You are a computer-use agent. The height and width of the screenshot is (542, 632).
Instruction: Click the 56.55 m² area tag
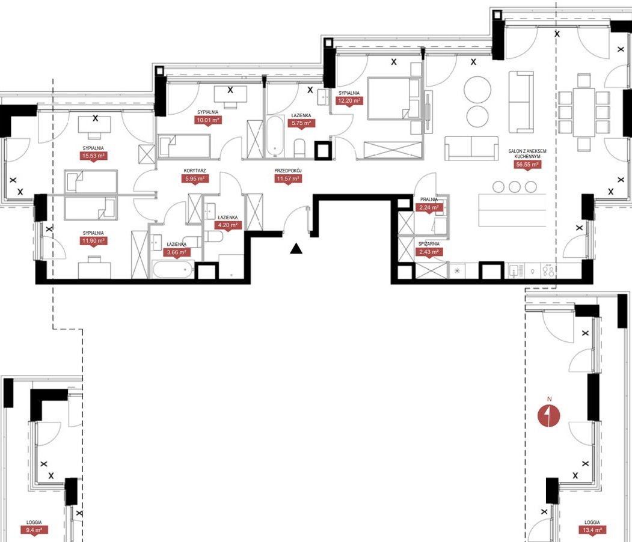pyautogui.click(x=527, y=164)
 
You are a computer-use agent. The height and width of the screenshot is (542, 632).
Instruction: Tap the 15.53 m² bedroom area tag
pyautogui.click(x=94, y=156)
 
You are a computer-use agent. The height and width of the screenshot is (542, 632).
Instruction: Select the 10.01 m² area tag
pyautogui.click(x=208, y=120)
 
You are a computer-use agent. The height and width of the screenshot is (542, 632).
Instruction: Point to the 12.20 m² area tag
pyautogui.click(x=349, y=101)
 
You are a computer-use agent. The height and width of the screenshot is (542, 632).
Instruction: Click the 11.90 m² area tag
pyautogui.click(x=94, y=241)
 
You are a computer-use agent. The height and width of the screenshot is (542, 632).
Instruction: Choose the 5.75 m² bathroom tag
pyautogui.click(x=301, y=123)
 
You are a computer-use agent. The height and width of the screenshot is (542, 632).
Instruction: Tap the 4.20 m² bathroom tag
pyautogui.click(x=228, y=225)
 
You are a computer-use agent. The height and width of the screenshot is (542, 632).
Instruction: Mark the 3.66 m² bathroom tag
pyautogui.click(x=177, y=252)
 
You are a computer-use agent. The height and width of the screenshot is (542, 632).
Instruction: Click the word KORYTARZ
pyautogui.click(x=195, y=171)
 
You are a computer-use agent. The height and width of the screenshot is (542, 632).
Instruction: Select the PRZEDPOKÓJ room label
pyautogui.click(x=288, y=171)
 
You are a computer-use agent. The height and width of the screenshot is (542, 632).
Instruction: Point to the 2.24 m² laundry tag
pyautogui.click(x=429, y=208)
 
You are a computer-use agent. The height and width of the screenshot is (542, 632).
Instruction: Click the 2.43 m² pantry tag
pyautogui.click(x=429, y=252)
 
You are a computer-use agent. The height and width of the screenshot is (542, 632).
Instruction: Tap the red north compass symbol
pyautogui.click(x=550, y=416)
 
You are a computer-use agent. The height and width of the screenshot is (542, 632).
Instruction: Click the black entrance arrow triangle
pyautogui.click(x=296, y=249)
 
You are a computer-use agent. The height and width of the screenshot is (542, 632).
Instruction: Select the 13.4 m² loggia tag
pyautogui.click(x=592, y=530)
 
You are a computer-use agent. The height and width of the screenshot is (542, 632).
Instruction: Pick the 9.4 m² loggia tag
pyautogui.click(x=34, y=530)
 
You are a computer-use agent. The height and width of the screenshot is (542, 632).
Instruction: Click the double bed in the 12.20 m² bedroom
pyautogui.click(x=394, y=99)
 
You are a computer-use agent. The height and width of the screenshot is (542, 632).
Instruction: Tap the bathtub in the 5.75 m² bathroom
pyautogui.click(x=275, y=136)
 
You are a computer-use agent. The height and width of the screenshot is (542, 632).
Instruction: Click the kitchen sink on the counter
pyautogui.click(x=514, y=270)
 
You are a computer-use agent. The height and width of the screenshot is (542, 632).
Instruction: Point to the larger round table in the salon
pyautogui.click(x=477, y=90)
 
